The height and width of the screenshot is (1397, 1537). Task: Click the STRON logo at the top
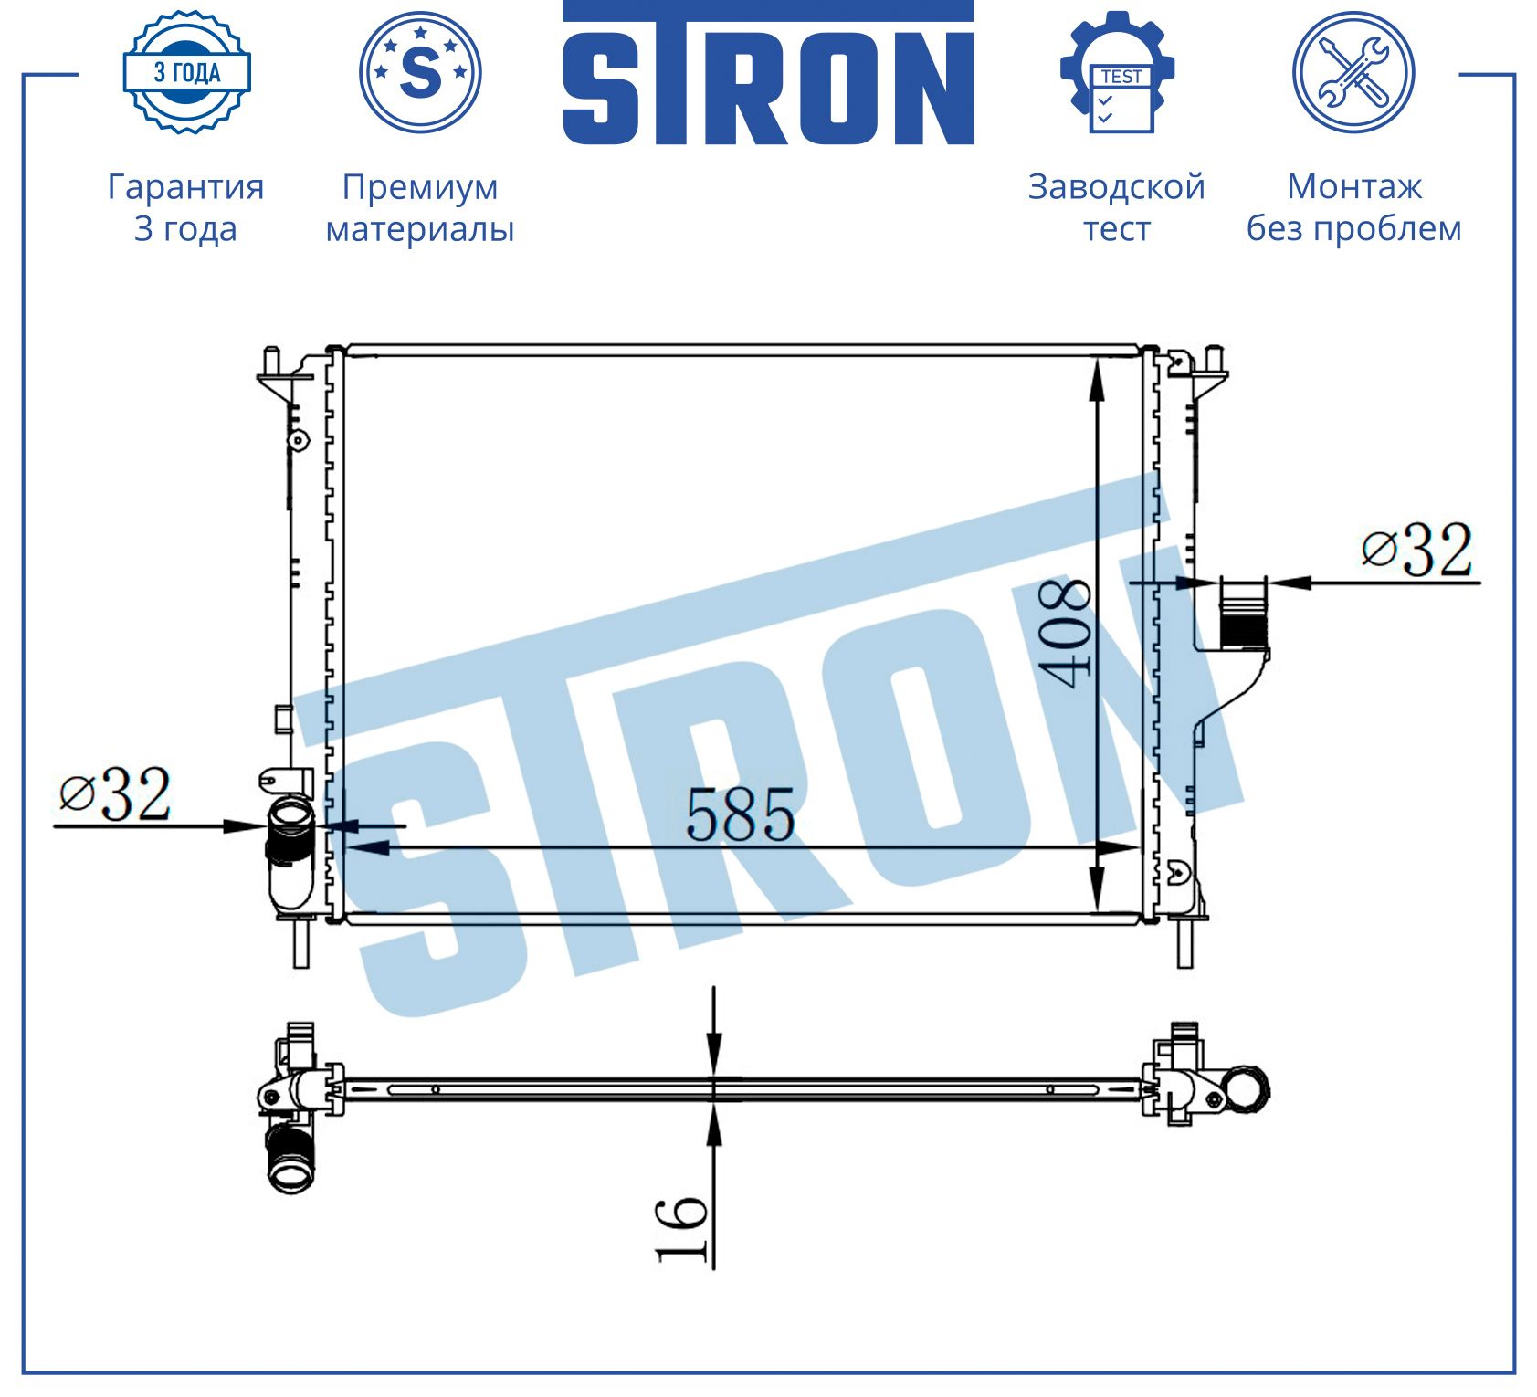click(x=768, y=73)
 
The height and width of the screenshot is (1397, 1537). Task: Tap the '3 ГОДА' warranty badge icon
click(x=186, y=72)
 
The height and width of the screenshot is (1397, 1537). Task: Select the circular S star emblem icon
click(x=420, y=72)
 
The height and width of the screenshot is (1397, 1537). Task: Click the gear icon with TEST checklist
click(x=1117, y=72)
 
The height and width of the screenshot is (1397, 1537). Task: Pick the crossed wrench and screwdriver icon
click(x=1353, y=72)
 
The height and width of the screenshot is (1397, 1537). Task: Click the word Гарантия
click(x=186, y=187)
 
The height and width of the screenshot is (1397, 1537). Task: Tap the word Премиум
click(x=420, y=188)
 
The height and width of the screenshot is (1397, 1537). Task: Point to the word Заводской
click(x=1117, y=187)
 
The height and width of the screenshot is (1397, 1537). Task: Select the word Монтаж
click(x=1354, y=187)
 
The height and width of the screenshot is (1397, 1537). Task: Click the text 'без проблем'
click(x=1354, y=228)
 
